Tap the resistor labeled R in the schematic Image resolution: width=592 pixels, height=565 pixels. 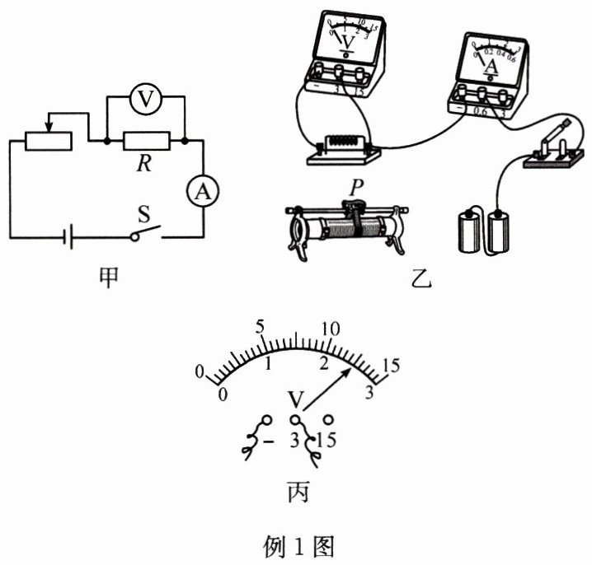(146, 142)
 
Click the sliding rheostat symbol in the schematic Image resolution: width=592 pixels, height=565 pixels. (49, 141)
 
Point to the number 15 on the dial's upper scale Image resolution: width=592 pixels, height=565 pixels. (392, 366)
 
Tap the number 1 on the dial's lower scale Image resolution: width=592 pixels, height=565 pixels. (268, 363)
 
